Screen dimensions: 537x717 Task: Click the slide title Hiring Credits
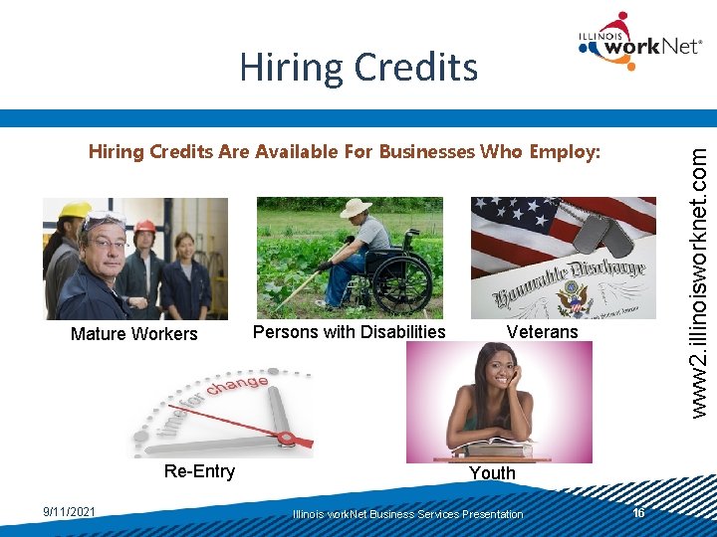[x=358, y=67]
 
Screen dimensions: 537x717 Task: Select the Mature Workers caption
[x=134, y=334]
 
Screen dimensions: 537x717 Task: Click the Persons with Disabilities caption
[x=349, y=332]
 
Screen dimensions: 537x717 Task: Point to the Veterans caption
[x=542, y=332]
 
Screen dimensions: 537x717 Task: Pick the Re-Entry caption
[x=199, y=471]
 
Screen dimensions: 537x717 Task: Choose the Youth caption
[x=492, y=473]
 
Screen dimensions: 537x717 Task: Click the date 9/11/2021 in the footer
[x=70, y=512]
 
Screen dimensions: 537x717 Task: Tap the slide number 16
[x=639, y=512]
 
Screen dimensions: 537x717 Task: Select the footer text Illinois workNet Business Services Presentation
[x=407, y=514]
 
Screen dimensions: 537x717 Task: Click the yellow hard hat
[x=75, y=210]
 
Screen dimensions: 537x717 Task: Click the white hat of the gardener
[x=355, y=208]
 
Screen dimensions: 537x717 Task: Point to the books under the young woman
[x=498, y=450]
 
